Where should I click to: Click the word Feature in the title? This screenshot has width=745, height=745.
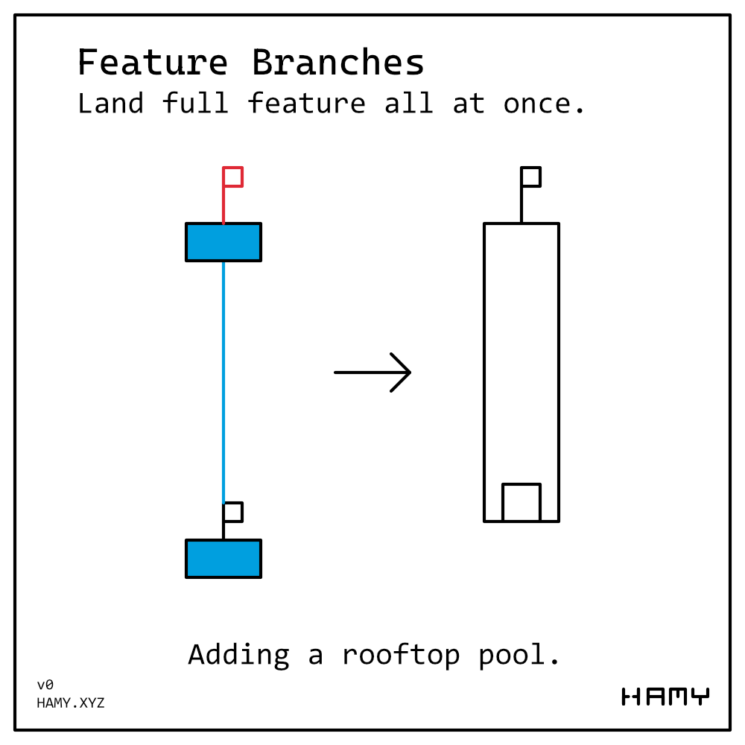[x=153, y=63]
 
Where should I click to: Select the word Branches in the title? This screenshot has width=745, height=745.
[x=338, y=63]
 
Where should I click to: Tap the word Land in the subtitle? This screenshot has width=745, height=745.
[x=110, y=104]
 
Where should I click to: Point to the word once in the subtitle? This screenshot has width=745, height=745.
[x=544, y=104]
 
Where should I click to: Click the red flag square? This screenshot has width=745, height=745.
[x=233, y=177]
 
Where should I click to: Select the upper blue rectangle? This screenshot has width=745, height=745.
[x=223, y=242]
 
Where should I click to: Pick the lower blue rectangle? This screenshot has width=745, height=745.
[x=223, y=559]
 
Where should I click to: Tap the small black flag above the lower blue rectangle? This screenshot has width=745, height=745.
[x=232, y=513]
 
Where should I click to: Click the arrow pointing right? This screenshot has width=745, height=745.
[x=372, y=372]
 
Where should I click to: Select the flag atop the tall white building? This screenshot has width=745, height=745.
[x=530, y=177]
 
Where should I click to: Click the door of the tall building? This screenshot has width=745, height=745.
[x=521, y=503]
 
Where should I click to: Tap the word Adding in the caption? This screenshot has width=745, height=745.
[x=238, y=655]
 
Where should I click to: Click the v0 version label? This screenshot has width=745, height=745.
[x=45, y=685]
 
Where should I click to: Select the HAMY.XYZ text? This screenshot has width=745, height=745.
[x=71, y=703]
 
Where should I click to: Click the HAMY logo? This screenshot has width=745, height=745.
[x=665, y=697]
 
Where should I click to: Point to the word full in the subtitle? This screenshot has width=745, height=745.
[x=195, y=104]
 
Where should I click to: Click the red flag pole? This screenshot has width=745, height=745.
[x=223, y=205]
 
